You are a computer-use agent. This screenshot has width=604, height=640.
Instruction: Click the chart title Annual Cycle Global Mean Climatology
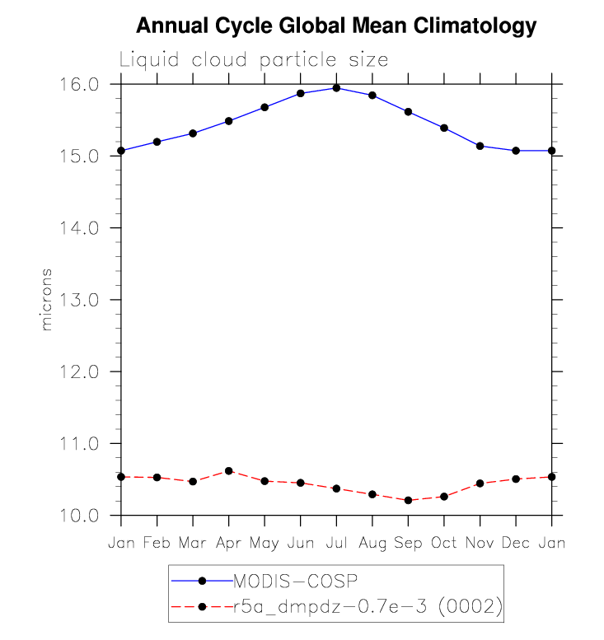click(335, 26)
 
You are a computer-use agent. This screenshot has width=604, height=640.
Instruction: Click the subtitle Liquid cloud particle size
click(254, 60)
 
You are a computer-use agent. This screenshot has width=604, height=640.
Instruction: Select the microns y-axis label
click(47, 299)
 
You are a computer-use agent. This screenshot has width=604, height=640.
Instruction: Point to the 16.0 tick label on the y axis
click(81, 84)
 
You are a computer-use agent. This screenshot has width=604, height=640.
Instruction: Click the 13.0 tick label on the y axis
click(81, 300)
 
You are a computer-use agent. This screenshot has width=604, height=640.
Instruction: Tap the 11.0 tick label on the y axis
click(81, 444)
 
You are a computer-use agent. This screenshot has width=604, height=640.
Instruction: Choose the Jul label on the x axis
click(336, 544)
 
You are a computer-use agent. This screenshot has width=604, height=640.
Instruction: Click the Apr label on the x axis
click(228, 544)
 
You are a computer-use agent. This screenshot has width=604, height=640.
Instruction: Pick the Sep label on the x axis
click(408, 544)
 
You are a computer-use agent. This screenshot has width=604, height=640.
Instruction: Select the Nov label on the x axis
click(480, 544)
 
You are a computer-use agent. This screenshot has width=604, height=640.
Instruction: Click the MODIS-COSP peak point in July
click(336, 88)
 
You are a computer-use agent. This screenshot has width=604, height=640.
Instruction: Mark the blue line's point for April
click(228, 121)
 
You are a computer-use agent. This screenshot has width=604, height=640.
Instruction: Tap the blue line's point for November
click(480, 146)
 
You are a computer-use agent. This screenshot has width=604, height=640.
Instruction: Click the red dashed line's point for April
click(228, 471)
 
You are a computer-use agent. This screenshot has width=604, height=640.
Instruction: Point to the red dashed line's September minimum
click(408, 500)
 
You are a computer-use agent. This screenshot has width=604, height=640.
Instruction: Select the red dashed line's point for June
click(300, 483)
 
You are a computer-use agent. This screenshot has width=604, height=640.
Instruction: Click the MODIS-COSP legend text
click(295, 582)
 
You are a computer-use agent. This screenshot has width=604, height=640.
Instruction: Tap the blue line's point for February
click(157, 142)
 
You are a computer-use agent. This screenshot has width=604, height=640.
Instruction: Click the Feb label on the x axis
click(157, 544)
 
